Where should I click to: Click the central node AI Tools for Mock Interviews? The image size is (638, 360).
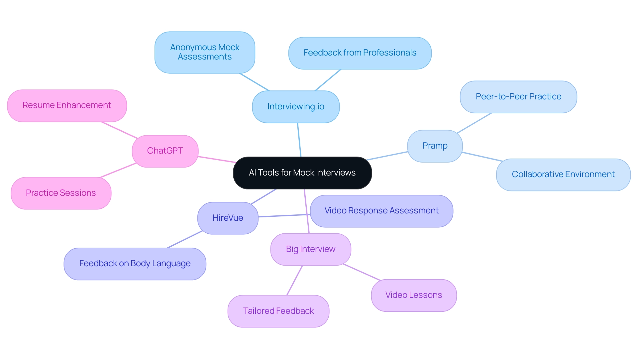(x=302, y=173)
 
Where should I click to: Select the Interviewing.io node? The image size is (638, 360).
(x=296, y=107)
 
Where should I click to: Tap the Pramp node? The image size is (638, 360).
(x=435, y=146)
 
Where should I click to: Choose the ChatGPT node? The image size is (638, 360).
(x=165, y=151)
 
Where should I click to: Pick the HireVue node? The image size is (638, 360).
(x=228, y=218)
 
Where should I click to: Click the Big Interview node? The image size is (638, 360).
(x=310, y=249)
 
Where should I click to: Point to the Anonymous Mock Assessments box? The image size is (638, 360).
(x=205, y=52)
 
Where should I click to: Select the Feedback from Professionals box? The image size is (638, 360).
(x=360, y=53)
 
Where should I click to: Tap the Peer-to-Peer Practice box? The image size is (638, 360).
(x=518, y=97)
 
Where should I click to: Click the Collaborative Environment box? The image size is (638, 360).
(x=563, y=175)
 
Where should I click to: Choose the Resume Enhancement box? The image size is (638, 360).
(x=67, y=105)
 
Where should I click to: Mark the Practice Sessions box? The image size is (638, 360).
(x=61, y=193)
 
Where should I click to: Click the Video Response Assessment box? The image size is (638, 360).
(x=381, y=211)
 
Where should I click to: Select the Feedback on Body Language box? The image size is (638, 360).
(x=135, y=264)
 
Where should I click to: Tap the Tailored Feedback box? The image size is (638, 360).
(x=278, y=311)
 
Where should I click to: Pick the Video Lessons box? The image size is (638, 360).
(x=413, y=295)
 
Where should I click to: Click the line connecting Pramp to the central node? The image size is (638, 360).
(x=387, y=156)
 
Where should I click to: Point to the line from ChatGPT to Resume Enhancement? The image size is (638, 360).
(x=119, y=130)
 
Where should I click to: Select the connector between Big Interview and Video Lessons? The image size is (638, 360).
(x=362, y=272)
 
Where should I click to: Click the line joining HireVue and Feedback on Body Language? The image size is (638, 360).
(x=185, y=239)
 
